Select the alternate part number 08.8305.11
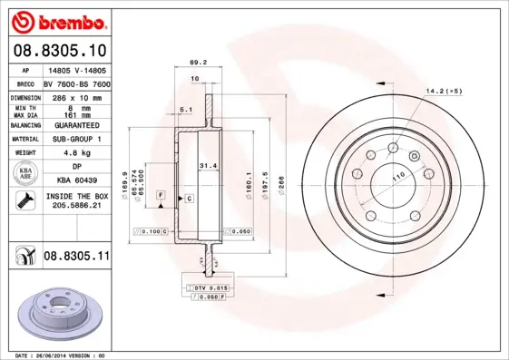76,258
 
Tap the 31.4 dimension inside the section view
208,165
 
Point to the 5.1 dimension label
186,110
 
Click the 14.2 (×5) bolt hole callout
444,91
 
